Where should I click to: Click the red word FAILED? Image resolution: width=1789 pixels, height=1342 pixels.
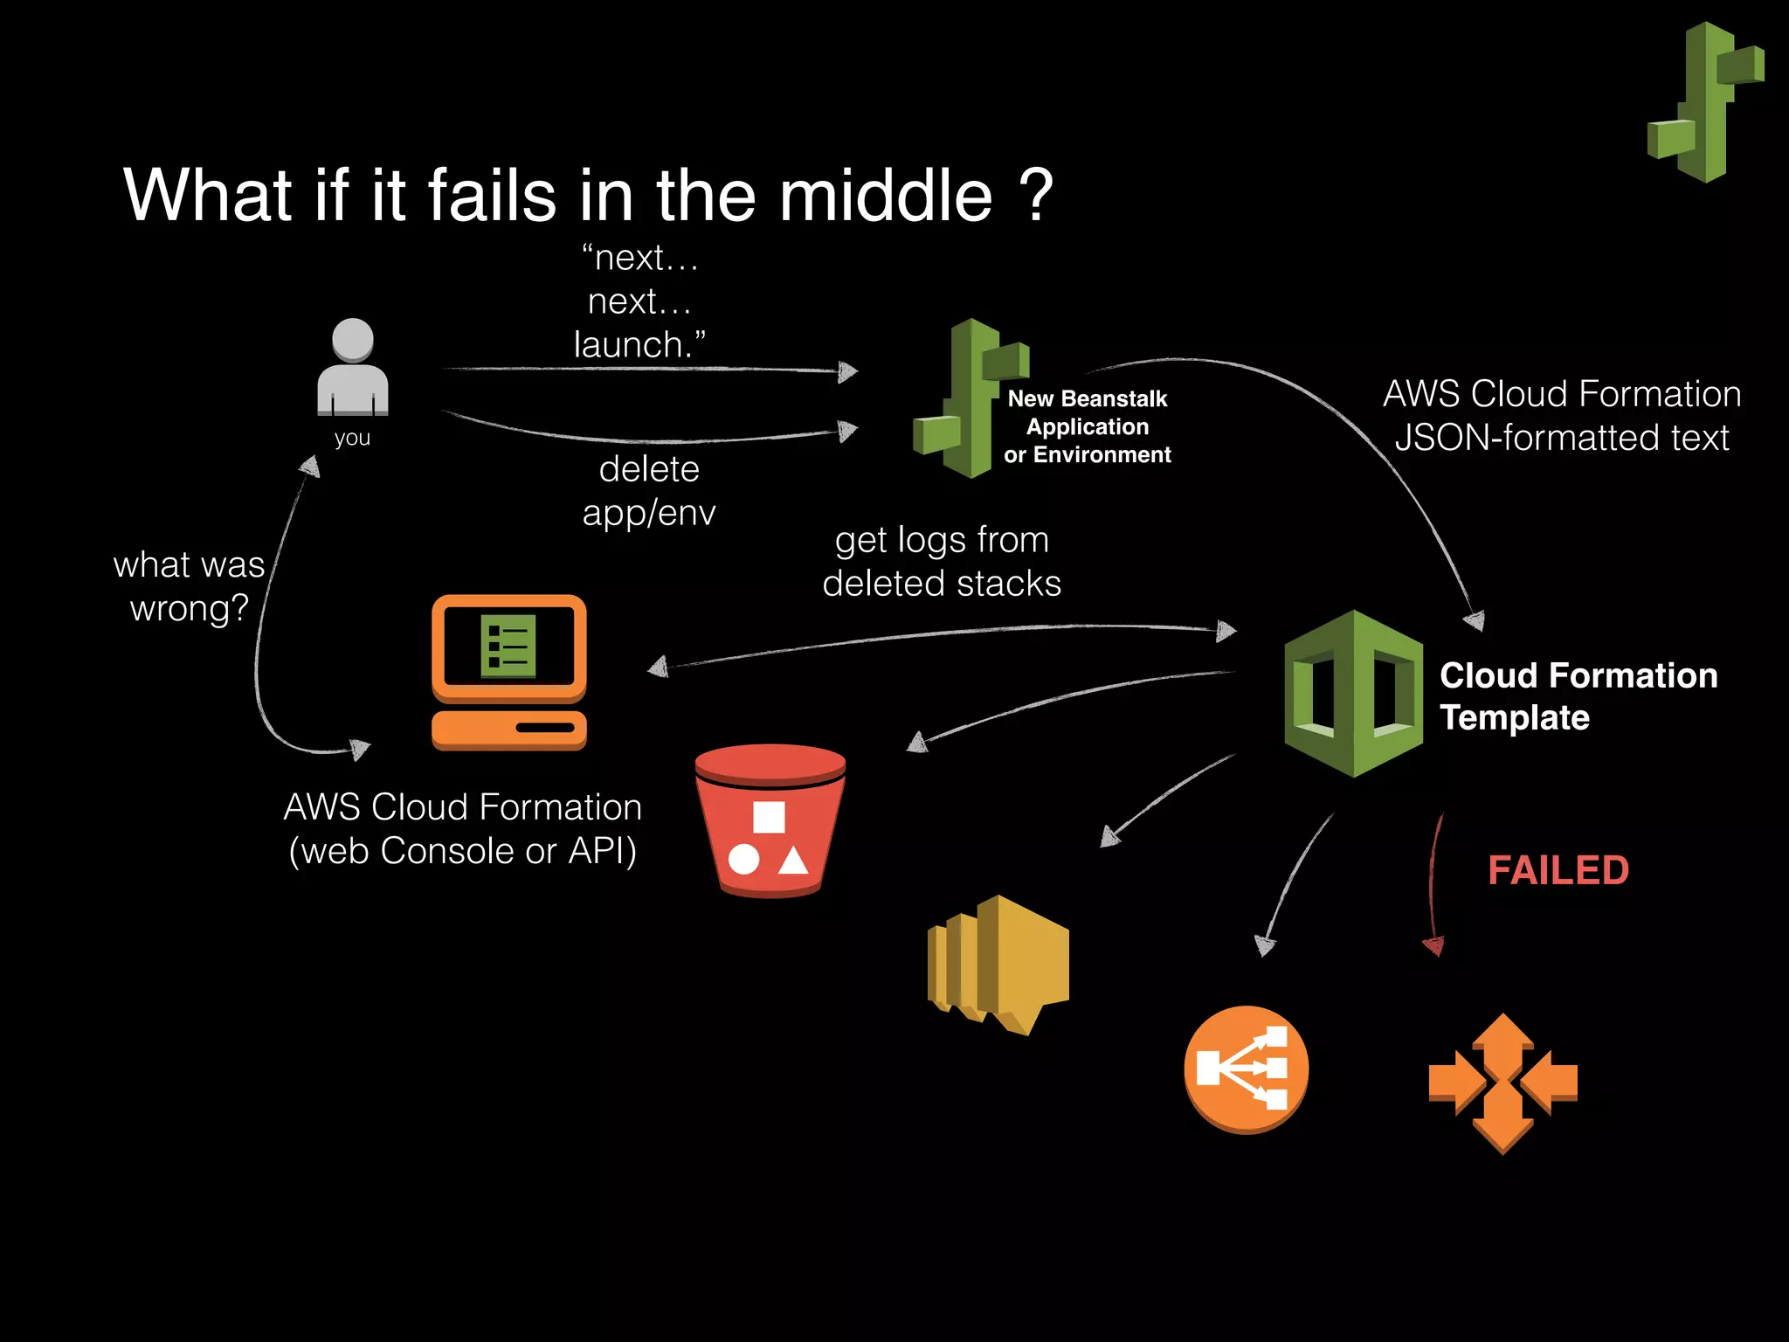point(1558,870)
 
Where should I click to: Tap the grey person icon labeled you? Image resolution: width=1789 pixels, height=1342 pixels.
point(353,368)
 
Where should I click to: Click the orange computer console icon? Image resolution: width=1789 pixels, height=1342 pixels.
point(509,672)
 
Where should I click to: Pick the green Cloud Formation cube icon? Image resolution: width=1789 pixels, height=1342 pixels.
point(1353,694)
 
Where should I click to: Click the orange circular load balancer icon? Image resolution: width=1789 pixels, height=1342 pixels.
point(1246,1069)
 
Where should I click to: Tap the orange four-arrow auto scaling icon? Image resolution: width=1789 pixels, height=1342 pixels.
point(1502,1083)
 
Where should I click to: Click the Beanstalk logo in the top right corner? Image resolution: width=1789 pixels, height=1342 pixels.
point(1705,102)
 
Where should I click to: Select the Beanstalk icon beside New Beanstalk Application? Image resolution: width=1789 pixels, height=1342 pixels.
point(970,399)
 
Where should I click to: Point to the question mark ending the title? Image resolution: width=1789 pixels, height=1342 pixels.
point(1037,196)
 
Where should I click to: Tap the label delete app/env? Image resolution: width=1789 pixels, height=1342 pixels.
point(649,491)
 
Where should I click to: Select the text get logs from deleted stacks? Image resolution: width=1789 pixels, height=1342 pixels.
point(942,562)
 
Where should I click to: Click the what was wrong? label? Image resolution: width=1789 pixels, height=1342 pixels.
point(189,586)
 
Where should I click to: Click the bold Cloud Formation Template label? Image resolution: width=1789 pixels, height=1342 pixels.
point(1578,696)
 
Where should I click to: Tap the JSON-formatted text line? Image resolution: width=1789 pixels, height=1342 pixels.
point(1561,438)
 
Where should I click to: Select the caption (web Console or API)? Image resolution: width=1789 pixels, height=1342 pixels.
point(463,851)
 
